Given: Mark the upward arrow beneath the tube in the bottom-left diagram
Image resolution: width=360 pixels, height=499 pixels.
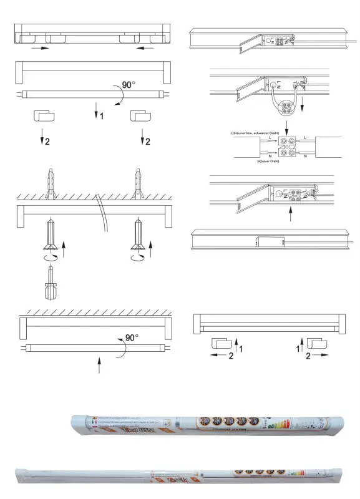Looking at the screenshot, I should point(99,364).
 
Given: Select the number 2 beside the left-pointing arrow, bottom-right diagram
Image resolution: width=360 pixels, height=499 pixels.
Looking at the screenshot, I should point(230,356).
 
